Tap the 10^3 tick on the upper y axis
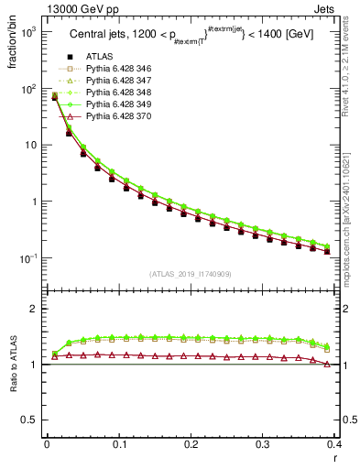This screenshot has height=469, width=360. [x=27, y=31]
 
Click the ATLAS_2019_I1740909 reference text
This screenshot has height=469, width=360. [x=191, y=274]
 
